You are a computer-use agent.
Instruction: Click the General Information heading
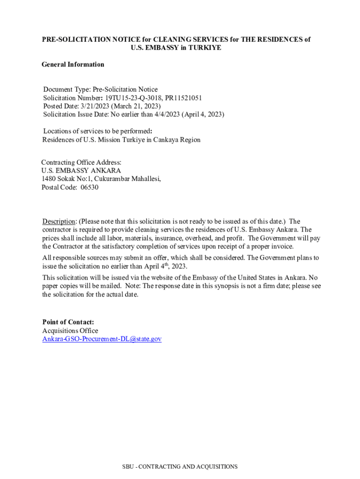click(x=73, y=65)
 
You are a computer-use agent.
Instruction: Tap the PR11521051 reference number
click(x=183, y=98)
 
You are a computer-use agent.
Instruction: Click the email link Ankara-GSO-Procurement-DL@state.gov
click(x=102, y=339)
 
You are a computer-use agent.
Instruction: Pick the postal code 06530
click(x=90, y=188)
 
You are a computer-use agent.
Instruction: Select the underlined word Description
click(x=59, y=221)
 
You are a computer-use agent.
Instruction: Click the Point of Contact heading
click(x=68, y=322)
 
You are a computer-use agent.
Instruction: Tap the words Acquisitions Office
click(x=70, y=331)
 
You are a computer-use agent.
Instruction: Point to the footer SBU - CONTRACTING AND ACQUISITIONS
click(x=180, y=466)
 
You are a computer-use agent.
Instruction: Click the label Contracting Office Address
click(x=81, y=162)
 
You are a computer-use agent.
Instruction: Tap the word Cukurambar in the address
click(x=115, y=179)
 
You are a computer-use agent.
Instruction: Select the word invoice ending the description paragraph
click(x=282, y=247)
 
